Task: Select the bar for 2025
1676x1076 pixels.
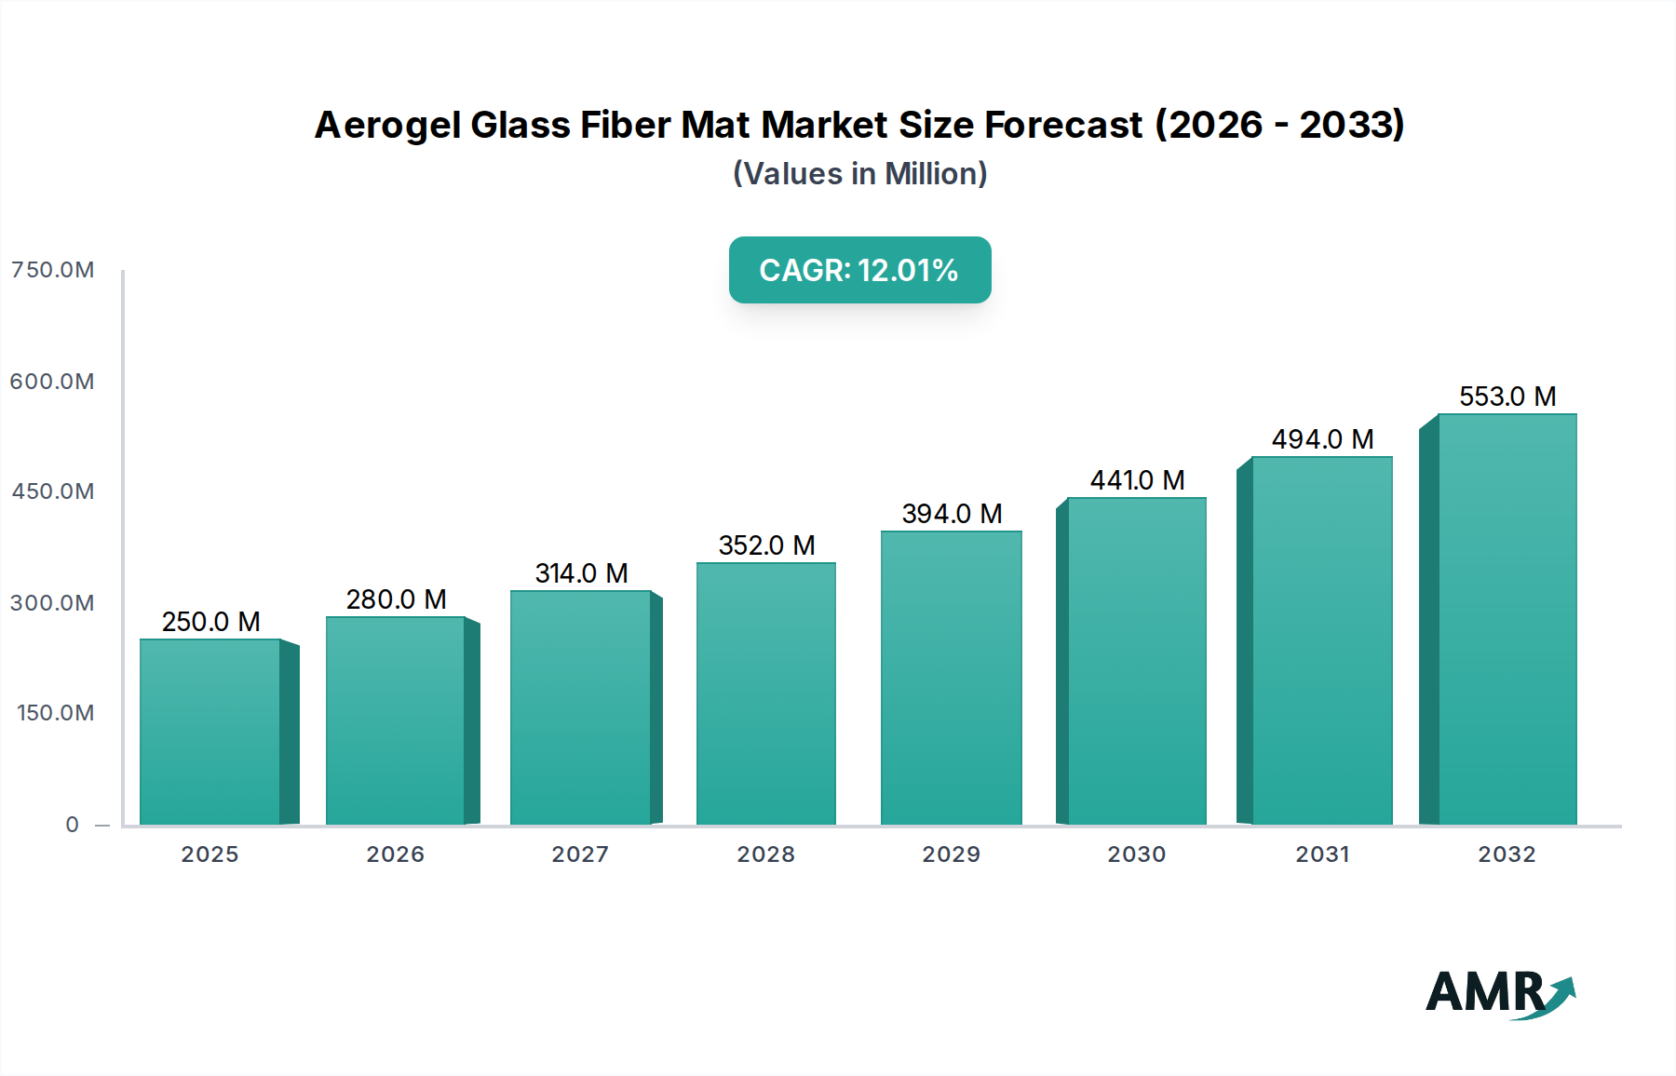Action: pyautogui.click(x=210, y=732)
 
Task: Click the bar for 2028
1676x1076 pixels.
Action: pyautogui.click(x=766, y=693)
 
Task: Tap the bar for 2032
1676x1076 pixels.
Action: pyautogui.click(x=1507, y=619)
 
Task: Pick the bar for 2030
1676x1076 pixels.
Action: pyautogui.click(x=1137, y=661)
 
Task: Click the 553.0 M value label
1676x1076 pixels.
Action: pyautogui.click(x=1507, y=397)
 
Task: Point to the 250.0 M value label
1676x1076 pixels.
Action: pyautogui.click(x=210, y=622)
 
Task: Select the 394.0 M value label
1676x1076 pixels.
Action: pyautogui.click(x=952, y=514)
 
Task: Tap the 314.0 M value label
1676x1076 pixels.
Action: pyautogui.click(x=581, y=573)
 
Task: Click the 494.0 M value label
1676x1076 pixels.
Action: pyautogui.click(x=1322, y=439)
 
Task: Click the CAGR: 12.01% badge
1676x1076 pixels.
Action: pyautogui.click(x=859, y=270)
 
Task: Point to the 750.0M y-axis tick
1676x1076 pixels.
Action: pyautogui.click(x=52, y=270)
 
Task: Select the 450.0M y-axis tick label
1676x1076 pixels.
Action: pyautogui.click(x=52, y=491)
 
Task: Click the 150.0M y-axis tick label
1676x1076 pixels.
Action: pyautogui.click(x=55, y=713)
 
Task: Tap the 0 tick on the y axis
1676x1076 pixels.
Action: pyautogui.click(x=72, y=825)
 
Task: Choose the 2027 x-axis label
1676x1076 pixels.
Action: pyautogui.click(x=580, y=854)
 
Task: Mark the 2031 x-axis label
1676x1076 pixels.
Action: pyautogui.click(x=1322, y=854)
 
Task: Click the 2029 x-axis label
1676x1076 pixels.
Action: pyautogui.click(x=951, y=854)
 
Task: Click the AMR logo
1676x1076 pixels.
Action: pyautogui.click(x=1499, y=993)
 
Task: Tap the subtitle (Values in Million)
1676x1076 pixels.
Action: pyautogui.click(x=859, y=174)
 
